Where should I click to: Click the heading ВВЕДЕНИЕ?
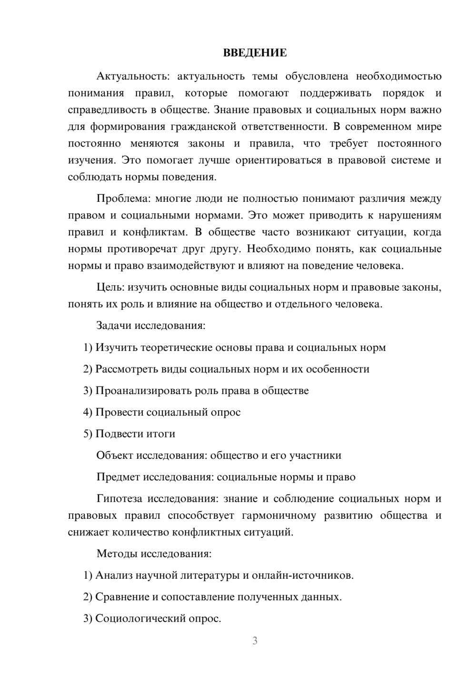tap(255, 53)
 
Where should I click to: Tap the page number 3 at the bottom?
tap(255, 641)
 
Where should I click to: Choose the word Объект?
tap(114, 455)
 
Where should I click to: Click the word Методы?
tap(114, 554)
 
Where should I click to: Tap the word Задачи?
tap(114, 326)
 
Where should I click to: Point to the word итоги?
tap(159, 434)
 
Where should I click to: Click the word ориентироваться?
tap(278, 160)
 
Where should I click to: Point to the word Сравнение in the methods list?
tap(122, 597)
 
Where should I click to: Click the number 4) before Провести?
tap(88, 412)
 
